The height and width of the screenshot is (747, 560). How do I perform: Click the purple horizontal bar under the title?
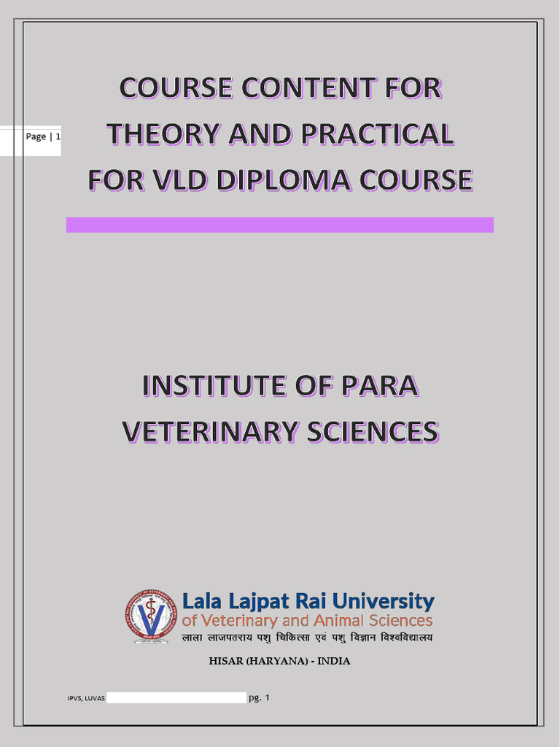[x=280, y=225]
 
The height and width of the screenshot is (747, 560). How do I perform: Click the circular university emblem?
[x=151, y=616]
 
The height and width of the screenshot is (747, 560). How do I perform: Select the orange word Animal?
[x=338, y=621]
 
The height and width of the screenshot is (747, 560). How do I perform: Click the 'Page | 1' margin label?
[x=43, y=137]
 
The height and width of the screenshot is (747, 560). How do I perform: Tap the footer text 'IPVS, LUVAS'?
[x=86, y=699]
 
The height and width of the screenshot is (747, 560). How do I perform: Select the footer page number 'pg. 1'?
[x=260, y=698]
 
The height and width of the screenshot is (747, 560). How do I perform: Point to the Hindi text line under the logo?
[x=307, y=638]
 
